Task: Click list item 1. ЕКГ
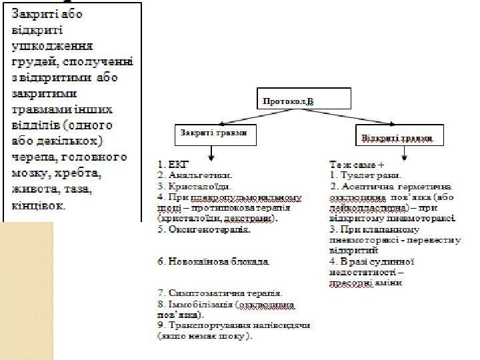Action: click(174, 162)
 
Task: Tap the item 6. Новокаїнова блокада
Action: click(213, 261)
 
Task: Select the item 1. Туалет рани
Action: click(364, 175)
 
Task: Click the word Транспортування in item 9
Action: click(206, 326)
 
